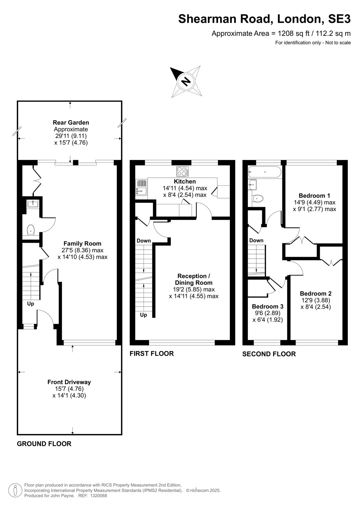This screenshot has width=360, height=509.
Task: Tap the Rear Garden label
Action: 71,123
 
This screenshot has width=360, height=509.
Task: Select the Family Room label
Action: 82,244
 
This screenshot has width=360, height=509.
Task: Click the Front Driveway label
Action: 69,382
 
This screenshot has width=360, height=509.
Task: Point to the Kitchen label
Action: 185,182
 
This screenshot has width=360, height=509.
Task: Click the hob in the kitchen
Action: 182,171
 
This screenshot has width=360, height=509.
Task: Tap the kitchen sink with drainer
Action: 141,187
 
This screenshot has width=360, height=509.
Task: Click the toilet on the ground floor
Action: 31,230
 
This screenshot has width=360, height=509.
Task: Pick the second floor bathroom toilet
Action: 258,199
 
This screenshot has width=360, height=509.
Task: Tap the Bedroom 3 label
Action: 268,307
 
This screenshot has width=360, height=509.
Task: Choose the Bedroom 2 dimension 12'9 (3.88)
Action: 316,300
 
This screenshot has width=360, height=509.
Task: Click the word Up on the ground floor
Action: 31,304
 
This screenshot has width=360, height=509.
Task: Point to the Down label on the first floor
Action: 144,241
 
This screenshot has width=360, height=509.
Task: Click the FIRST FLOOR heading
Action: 152,353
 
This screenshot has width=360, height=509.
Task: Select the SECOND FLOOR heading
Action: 269,354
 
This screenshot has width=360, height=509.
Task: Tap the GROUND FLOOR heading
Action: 44,444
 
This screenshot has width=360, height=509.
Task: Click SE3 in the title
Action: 339,19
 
